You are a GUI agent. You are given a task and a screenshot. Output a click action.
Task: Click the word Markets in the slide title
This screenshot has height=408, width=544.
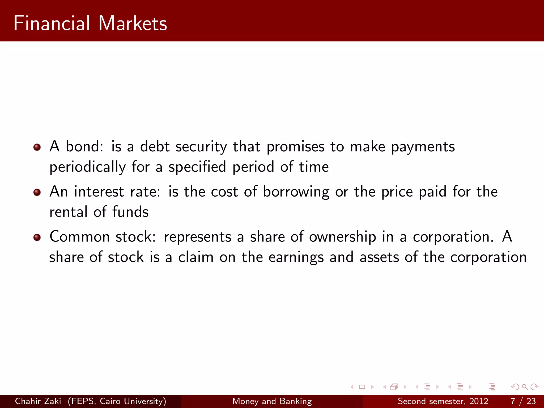pyautogui.click(x=133, y=23)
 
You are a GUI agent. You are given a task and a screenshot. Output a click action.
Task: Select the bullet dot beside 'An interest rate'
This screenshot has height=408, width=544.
pyautogui.click(x=37, y=192)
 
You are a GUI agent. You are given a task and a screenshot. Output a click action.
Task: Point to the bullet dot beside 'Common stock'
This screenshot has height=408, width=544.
pyautogui.click(x=37, y=237)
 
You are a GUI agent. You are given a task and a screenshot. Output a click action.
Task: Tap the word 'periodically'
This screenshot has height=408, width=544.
pyautogui.click(x=88, y=167)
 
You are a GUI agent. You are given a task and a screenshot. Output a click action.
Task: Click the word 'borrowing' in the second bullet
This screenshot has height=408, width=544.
pyautogui.click(x=296, y=192)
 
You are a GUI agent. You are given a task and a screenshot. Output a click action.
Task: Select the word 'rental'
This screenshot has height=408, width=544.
pyautogui.click(x=69, y=212)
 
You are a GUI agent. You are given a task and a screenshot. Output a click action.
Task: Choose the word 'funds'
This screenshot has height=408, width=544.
pyautogui.click(x=130, y=212)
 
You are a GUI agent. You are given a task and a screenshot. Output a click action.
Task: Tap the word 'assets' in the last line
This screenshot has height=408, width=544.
pyautogui.click(x=379, y=257)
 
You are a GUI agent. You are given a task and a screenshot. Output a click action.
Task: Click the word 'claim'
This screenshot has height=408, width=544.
pyautogui.click(x=196, y=257)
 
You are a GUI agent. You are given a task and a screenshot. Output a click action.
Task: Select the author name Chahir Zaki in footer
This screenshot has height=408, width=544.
pyautogui.click(x=38, y=401)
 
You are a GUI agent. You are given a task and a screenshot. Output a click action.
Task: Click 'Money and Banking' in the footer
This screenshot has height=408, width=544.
pyautogui.click(x=272, y=401)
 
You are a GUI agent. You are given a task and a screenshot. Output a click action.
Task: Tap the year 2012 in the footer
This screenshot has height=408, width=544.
pyautogui.click(x=479, y=401)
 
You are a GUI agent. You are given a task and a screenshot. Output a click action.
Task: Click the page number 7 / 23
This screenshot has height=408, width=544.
pyautogui.click(x=523, y=401)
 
